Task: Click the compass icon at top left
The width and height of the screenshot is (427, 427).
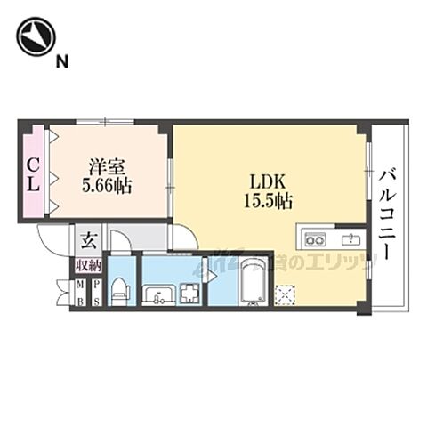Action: click(36, 37)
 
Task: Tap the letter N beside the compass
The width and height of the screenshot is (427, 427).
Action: click(62, 61)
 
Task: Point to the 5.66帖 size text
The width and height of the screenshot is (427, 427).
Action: click(107, 186)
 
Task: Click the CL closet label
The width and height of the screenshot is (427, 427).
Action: click(32, 173)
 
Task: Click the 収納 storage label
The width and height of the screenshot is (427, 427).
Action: click(88, 264)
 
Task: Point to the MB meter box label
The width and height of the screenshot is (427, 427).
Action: click(80, 292)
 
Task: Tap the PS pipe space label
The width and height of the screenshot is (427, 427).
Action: click(96, 292)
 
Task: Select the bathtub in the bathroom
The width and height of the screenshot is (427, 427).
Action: click(253, 286)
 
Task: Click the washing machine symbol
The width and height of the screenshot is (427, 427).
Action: click(189, 293)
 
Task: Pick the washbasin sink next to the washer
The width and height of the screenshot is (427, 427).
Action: click(159, 294)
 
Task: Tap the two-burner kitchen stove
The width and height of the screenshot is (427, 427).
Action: click(314, 238)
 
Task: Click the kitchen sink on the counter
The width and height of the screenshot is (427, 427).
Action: click(350, 238)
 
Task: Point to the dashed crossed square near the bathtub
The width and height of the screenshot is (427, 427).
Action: click(286, 293)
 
